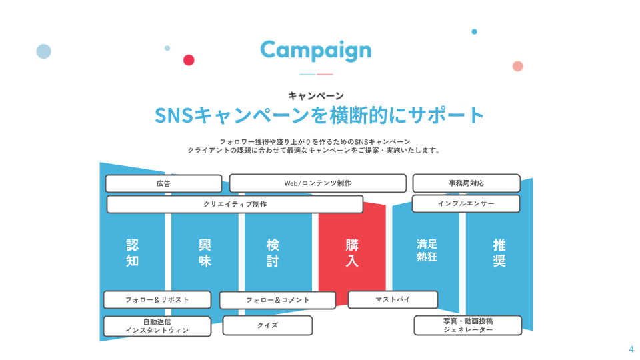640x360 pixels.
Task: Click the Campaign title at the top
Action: (x=316, y=51)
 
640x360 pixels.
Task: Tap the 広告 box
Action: (x=164, y=184)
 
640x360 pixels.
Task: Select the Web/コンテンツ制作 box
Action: (x=318, y=183)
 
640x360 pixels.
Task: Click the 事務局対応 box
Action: (x=467, y=183)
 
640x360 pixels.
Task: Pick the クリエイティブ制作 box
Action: (x=235, y=204)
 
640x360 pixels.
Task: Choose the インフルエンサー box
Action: (x=466, y=203)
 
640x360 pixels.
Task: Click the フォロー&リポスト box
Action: (x=157, y=299)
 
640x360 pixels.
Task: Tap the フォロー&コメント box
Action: (x=277, y=300)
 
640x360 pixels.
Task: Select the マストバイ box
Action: (x=393, y=299)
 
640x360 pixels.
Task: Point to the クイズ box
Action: (x=268, y=325)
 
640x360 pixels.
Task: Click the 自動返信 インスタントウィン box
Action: (x=157, y=326)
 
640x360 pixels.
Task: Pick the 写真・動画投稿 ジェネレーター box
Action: (x=468, y=325)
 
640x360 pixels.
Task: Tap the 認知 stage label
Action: (x=132, y=253)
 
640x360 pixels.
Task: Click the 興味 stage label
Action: (x=205, y=253)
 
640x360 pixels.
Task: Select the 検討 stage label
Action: (x=273, y=253)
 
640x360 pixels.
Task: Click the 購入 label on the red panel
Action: (x=352, y=253)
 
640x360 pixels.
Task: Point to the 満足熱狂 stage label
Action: (x=427, y=250)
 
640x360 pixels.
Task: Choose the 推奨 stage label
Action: (x=499, y=253)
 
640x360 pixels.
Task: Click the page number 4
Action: (x=631, y=349)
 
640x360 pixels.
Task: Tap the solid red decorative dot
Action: (x=189, y=60)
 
